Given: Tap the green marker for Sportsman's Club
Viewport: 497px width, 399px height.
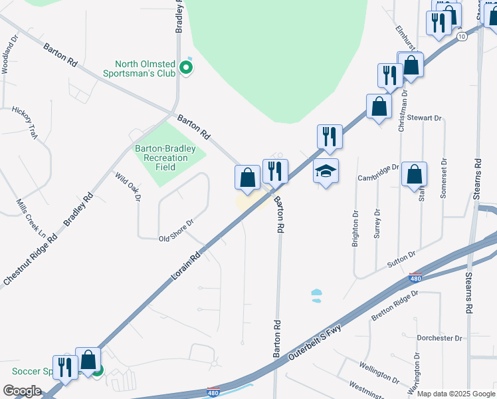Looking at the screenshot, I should click(x=187, y=67).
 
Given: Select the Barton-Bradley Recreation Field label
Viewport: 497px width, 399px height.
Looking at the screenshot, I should click(x=161, y=158).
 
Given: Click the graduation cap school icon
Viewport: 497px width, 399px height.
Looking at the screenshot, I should click(x=326, y=172).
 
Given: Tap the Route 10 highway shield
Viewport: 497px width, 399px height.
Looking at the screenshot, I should click(x=461, y=37).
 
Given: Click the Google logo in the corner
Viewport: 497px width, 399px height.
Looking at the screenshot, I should click(x=22, y=391).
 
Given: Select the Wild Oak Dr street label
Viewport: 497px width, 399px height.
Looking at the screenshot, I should click(x=128, y=186).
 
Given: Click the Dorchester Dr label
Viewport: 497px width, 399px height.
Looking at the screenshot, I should click(x=439, y=338).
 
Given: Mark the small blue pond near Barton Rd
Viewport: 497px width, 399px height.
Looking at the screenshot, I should click(x=316, y=295).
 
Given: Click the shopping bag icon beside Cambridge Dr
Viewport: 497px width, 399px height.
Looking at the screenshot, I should click(x=414, y=175).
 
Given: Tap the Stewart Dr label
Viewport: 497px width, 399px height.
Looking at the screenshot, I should click(x=427, y=118).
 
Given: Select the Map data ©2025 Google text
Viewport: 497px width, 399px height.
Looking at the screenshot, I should click(x=455, y=394).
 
